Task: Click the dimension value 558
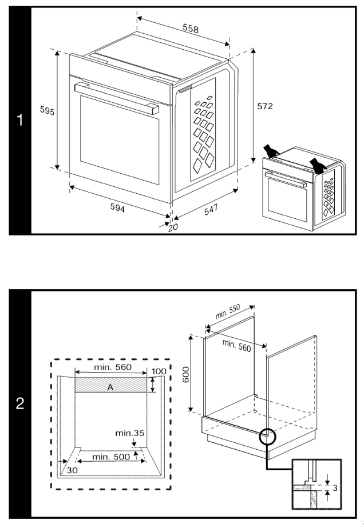(x=191, y=30)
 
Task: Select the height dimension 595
(x=46, y=111)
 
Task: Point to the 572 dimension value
(x=264, y=106)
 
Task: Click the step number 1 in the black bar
(x=19, y=121)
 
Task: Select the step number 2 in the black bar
(x=19, y=405)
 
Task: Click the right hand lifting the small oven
(x=316, y=165)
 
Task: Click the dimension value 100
(x=159, y=371)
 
